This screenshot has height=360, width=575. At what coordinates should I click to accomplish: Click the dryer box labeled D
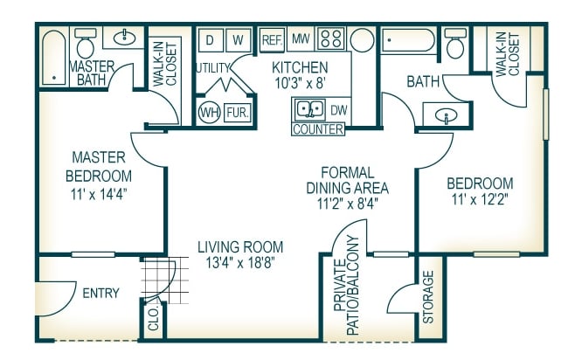tap(210, 39)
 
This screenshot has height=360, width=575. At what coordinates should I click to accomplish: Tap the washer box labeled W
tap(238, 39)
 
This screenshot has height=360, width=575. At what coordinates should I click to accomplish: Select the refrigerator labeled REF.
tap(272, 39)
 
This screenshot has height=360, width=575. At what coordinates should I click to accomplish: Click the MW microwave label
tap(301, 38)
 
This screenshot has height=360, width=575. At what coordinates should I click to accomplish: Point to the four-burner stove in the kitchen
tap(331, 38)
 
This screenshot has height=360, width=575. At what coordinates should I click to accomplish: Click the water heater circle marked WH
tap(210, 112)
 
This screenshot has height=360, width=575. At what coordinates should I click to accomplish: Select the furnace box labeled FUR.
tap(238, 112)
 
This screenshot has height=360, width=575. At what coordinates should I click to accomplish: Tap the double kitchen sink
tap(310, 109)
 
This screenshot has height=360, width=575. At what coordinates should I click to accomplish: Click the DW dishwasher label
tap(339, 110)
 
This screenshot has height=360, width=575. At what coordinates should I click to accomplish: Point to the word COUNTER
tap(318, 129)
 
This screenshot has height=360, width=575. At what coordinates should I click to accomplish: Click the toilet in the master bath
tap(86, 44)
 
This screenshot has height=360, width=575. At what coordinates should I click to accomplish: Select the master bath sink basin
tap(124, 38)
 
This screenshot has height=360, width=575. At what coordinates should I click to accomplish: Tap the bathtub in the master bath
tap(54, 58)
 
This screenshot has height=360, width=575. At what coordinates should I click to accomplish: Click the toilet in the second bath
tap(455, 44)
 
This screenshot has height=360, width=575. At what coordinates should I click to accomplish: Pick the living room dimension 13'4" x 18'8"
tap(240, 262)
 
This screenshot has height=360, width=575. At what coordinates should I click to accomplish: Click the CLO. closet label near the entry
tap(154, 319)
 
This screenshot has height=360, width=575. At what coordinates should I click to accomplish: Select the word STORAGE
tap(428, 297)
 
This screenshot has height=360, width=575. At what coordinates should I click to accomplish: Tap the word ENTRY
tap(100, 294)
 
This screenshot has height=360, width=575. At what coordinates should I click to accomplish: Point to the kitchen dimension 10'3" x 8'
tap(301, 83)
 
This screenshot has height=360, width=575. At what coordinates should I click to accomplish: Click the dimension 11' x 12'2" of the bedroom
tap(480, 200)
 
